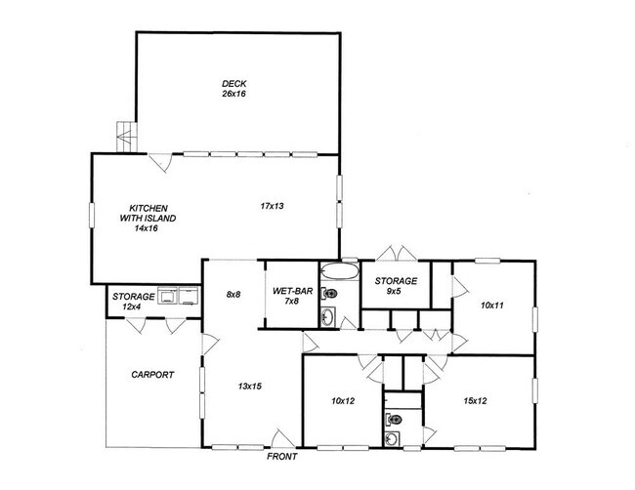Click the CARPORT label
[x=151, y=375]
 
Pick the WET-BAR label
[x=292, y=292]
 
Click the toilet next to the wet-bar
[x=330, y=293]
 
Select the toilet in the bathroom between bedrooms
[x=392, y=418]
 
